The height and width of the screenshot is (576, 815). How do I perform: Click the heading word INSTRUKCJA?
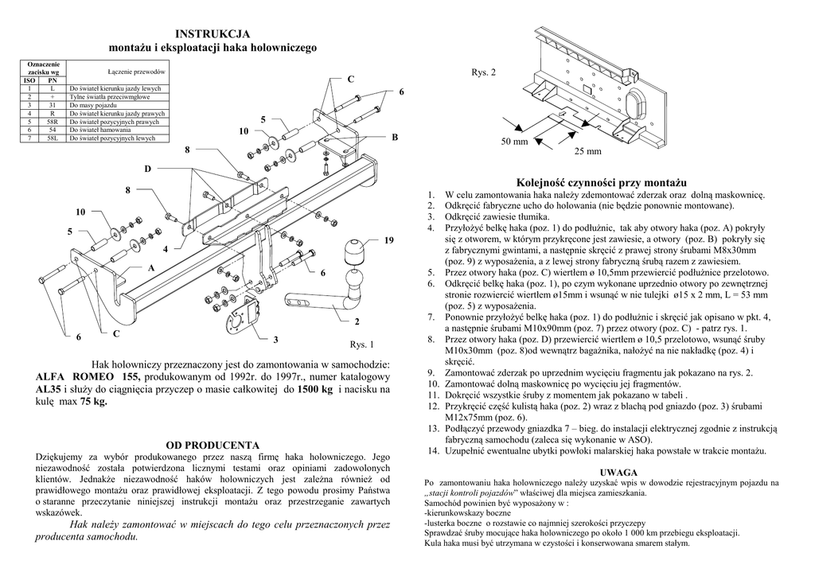[x=213, y=33]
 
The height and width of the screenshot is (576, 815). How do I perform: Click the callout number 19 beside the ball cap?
[x=388, y=239]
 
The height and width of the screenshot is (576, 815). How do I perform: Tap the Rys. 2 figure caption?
[x=483, y=72]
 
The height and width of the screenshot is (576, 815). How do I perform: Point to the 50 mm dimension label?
[x=514, y=142]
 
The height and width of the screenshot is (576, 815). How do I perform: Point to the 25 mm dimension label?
[x=587, y=151]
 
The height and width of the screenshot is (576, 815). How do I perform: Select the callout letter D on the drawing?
[x=147, y=169]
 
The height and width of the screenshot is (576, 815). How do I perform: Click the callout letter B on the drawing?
[x=394, y=138]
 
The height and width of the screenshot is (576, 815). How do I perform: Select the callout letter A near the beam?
[x=150, y=268]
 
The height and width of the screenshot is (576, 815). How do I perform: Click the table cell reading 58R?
[x=53, y=123]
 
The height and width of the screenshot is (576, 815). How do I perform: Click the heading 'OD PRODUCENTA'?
[x=213, y=444]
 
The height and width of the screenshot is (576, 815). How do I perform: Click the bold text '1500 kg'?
[x=314, y=389]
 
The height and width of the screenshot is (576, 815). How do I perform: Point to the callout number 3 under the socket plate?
[x=275, y=340]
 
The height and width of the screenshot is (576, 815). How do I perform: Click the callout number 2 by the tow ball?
[x=357, y=321]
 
